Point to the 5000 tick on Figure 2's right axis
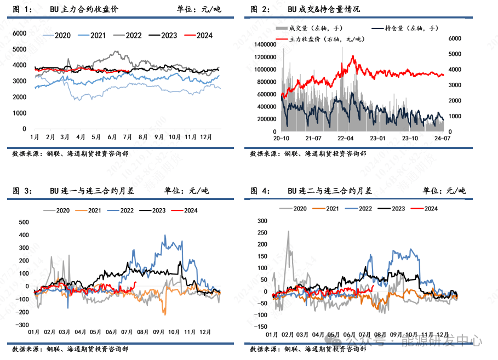tap(456, 54)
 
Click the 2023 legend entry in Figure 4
tap(398, 209)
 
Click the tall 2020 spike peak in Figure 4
tap(289, 231)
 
